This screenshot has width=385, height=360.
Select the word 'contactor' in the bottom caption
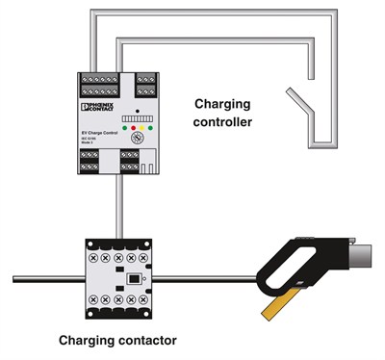point(144,340)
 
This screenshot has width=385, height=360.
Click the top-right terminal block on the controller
point(146,85)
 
